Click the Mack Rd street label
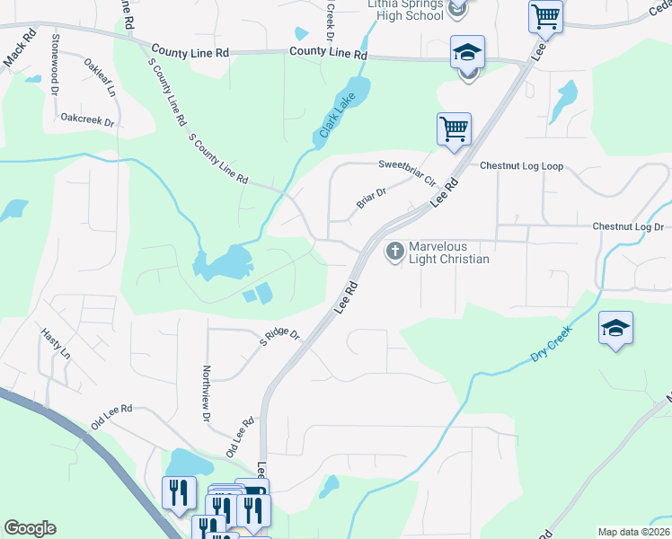point(20,49)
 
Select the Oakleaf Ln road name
point(100,77)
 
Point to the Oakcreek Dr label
point(88,119)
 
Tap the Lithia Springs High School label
point(406,10)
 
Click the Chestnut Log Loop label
point(521,166)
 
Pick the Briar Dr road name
point(371,198)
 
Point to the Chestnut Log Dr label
point(627,227)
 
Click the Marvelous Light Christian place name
point(449,252)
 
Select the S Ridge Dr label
point(279,339)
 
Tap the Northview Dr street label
point(206,393)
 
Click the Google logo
point(30,528)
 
